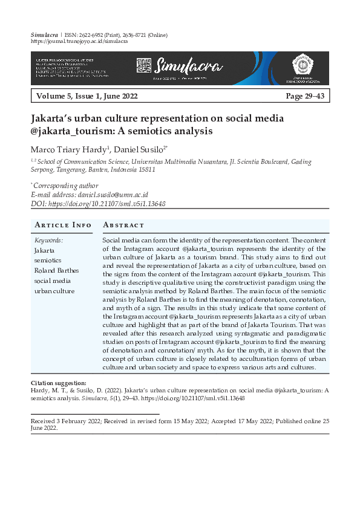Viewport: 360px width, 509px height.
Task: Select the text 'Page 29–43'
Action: [x=306, y=96]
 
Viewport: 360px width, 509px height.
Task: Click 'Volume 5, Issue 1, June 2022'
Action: [x=87, y=96]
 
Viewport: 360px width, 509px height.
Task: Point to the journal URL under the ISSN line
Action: [x=79, y=42]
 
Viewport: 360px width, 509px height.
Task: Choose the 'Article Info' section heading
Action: [x=64, y=225]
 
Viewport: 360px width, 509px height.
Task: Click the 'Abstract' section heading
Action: [x=124, y=225]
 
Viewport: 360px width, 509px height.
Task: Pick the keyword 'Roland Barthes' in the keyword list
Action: [x=57, y=270]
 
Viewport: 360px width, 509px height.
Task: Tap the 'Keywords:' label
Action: [x=49, y=240]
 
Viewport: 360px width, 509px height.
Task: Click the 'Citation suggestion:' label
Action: [x=58, y=383]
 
